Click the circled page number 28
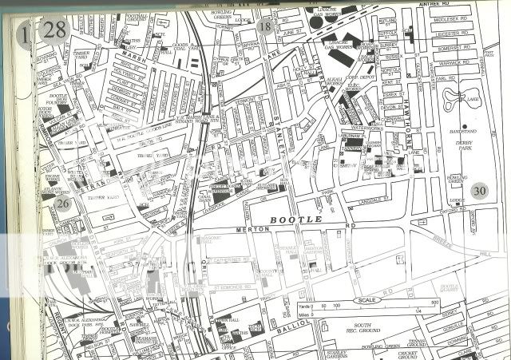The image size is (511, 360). click(55, 30)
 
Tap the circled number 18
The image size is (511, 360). click(265, 26)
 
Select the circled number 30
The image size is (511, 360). click(479, 190)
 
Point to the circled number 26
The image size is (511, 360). click(64, 204)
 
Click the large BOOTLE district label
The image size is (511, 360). click(295, 219)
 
